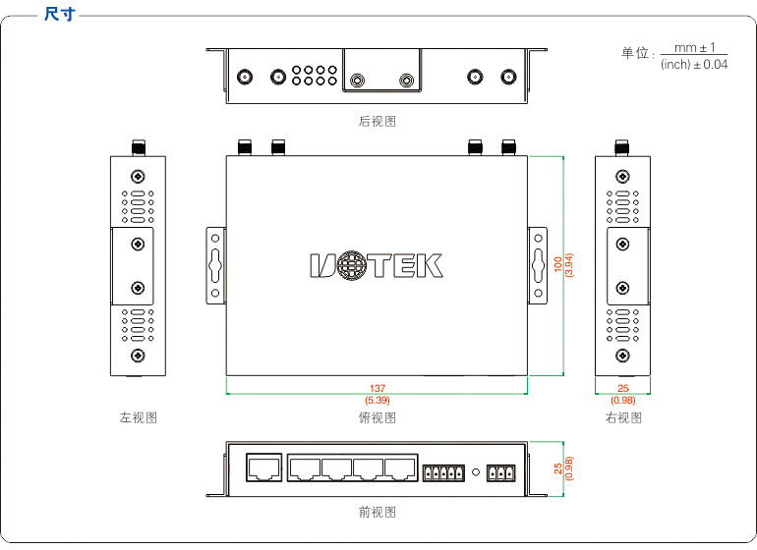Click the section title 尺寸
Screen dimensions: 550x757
[60, 14]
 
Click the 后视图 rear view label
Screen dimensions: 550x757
[378, 122]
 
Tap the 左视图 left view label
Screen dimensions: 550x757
[139, 417]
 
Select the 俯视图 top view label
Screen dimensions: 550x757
[378, 417]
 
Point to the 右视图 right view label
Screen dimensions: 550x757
[623, 417]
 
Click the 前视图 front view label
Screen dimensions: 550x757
[378, 512]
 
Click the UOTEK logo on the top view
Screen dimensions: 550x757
[377, 265]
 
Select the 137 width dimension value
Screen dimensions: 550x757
[378, 389]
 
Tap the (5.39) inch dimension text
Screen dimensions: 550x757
[378, 401]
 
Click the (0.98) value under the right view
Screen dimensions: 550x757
[623, 401]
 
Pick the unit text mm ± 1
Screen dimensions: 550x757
[694, 47]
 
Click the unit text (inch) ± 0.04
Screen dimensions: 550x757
[694, 65]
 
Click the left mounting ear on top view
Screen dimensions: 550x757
[216, 265]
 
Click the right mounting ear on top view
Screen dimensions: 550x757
[538, 265]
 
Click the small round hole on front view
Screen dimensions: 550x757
[476, 473]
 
